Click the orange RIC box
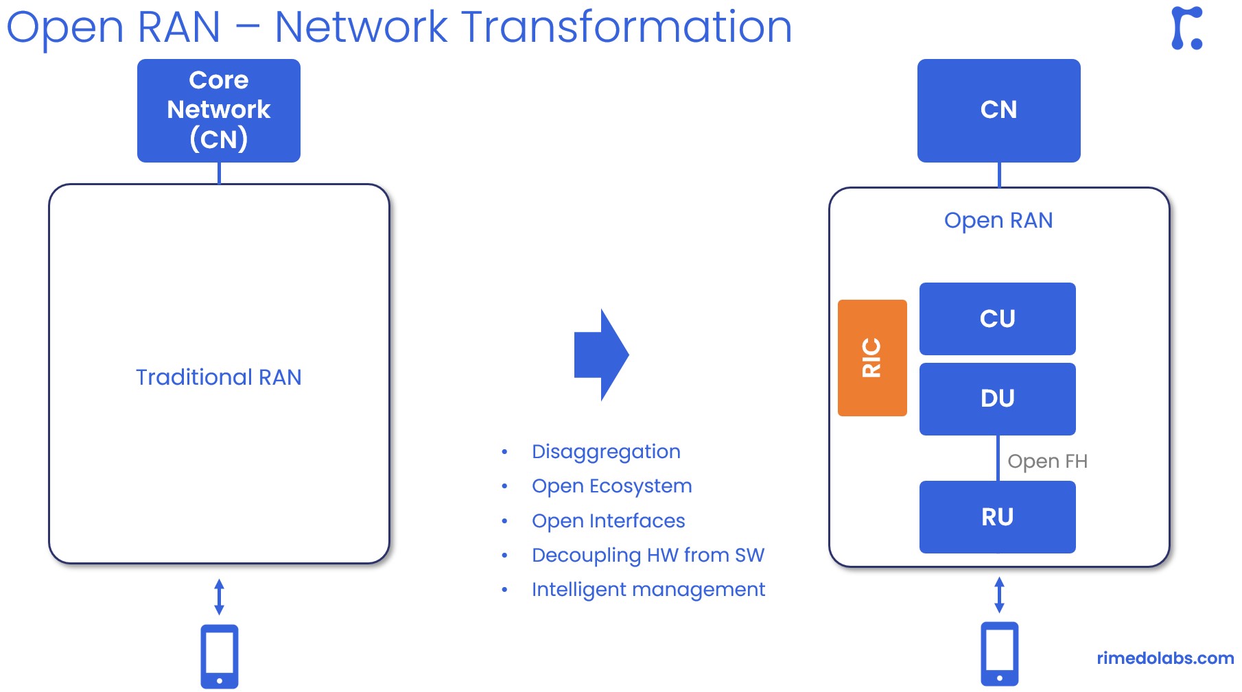click(x=871, y=357)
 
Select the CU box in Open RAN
click(x=997, y=319)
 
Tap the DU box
click(x=997, y=398)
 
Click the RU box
click(x=997, y=516)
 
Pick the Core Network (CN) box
click(x=218, y=110)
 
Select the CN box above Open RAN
click(x=998, y=110)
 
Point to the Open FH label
click(x=1047, y=461)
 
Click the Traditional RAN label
click(x=218, y=377)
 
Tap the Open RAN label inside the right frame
click(x=998, y=220)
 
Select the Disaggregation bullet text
click(x=606, y=451)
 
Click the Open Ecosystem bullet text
click(x=611, y=486)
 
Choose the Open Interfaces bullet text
click(x=608, y=521)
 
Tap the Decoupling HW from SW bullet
click(x=648, y=555)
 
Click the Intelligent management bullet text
click(x=648, y=589)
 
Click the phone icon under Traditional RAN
click(x=219, y=656)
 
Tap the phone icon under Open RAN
click(x=999, y=654)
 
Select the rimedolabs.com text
click(x=1164, y=658)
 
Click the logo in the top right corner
click(x=1186, y=28)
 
